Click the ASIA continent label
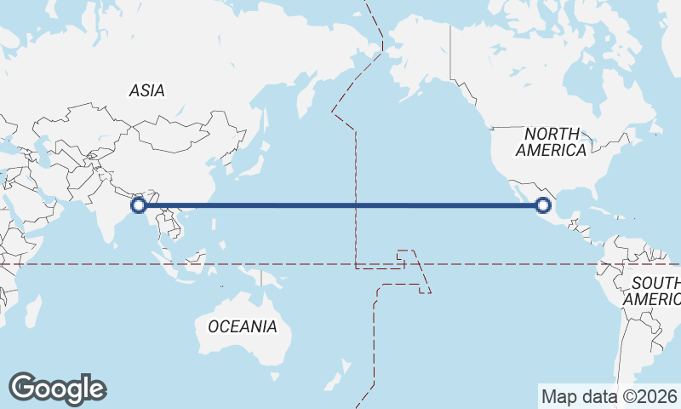tap(147, 90)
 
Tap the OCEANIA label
tap(243, 326)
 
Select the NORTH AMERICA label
tap(552, 141)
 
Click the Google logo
tap(57, 388)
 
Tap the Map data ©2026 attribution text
tap(609, 396)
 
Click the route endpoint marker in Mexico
tap(543, 204)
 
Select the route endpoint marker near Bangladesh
tap(138, 204)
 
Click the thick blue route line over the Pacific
tap(340, 205)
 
